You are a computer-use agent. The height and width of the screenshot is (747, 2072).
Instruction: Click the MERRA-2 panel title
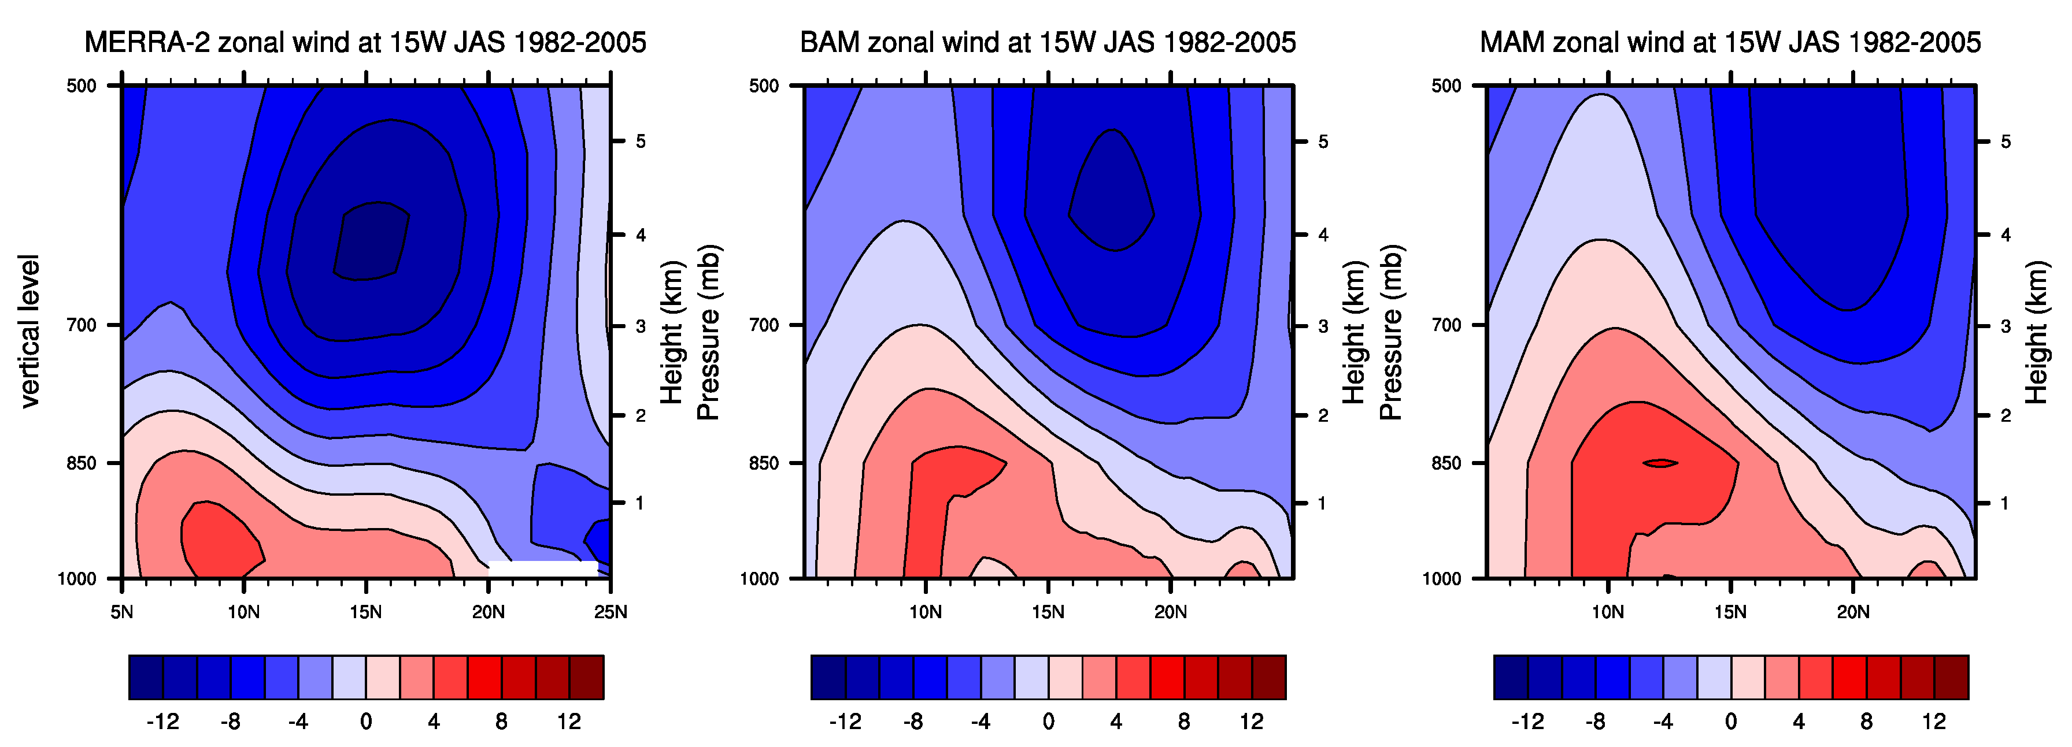pos(365,42)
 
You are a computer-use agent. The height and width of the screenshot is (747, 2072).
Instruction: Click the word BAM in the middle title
pos(829,42)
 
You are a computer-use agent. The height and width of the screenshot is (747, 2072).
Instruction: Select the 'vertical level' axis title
pos(29,331)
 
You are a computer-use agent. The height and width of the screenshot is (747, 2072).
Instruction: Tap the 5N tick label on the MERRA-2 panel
pos(121,612)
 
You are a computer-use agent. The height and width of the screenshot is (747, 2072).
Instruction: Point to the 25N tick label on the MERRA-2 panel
pos(610,612)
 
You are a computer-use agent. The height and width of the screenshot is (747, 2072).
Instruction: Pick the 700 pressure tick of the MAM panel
pos(1446,325)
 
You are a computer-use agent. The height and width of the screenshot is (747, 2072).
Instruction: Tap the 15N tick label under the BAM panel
pos(1048,612)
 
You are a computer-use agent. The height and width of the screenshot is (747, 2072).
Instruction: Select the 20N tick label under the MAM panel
pos(1853,612)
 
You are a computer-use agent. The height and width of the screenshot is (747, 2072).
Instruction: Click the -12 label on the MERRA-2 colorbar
pos(162,721)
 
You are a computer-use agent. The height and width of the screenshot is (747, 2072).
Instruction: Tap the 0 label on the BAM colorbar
pos(1048,721)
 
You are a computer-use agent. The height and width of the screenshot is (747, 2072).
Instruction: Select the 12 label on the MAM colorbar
pos(1934,721)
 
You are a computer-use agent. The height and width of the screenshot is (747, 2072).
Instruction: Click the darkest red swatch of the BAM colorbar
pos(1268,677)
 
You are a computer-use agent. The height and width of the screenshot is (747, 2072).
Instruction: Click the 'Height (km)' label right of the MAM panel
pos(2036,331)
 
